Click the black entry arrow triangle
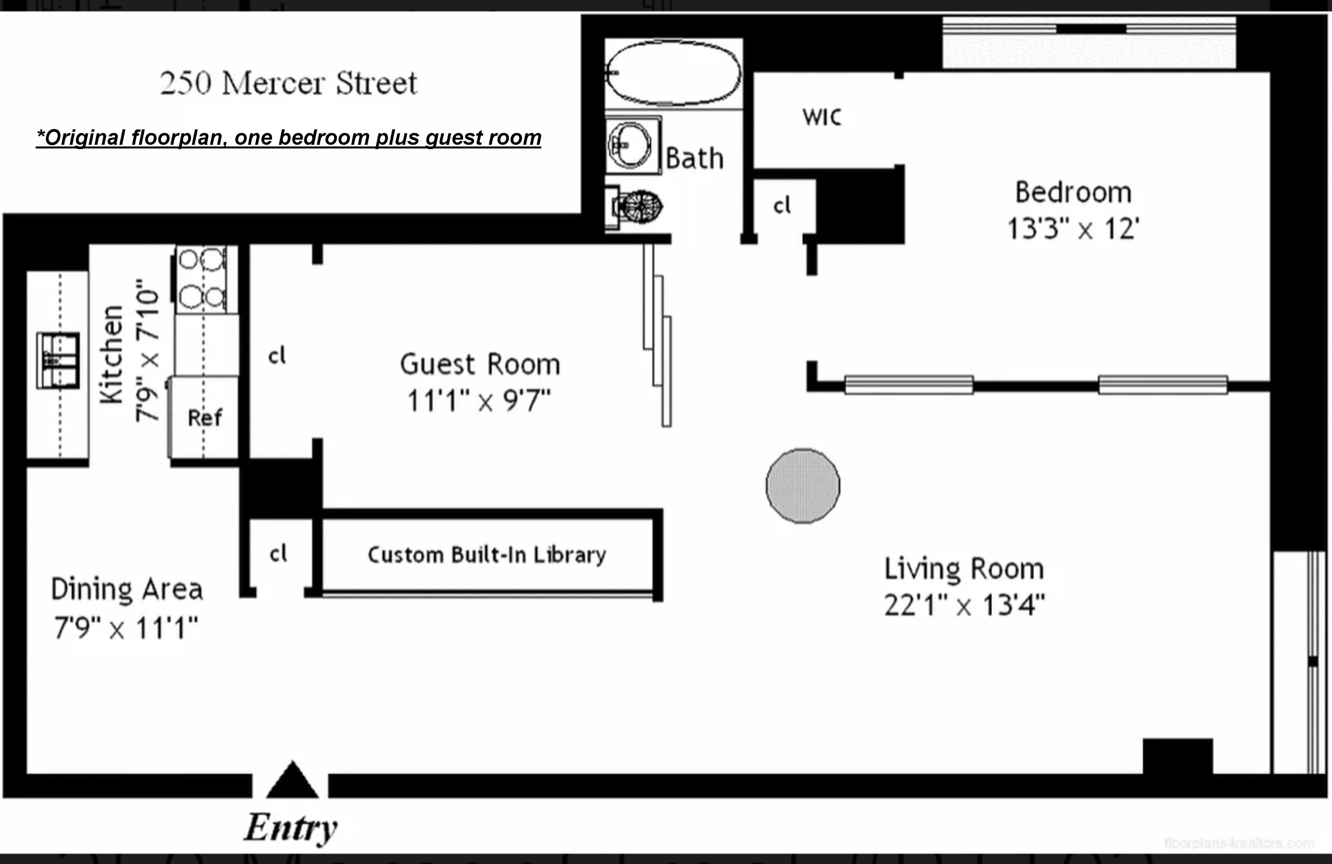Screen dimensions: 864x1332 click(x=292, y=782)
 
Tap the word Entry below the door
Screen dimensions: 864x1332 click(x=291, y=828)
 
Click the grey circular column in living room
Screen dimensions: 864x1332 click(x=802, y=486)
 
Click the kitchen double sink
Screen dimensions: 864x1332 click(x=58, y=360)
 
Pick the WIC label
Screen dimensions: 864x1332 click(x=821, y=117)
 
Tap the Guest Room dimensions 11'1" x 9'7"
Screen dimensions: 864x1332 click(x=479, y=401)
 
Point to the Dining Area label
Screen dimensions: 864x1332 click(x=127, y=589)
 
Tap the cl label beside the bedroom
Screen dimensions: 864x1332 click(x=782, y=205)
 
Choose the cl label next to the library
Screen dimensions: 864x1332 click(x=278, y=553)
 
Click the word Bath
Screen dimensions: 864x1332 click(x=694, y=159)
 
